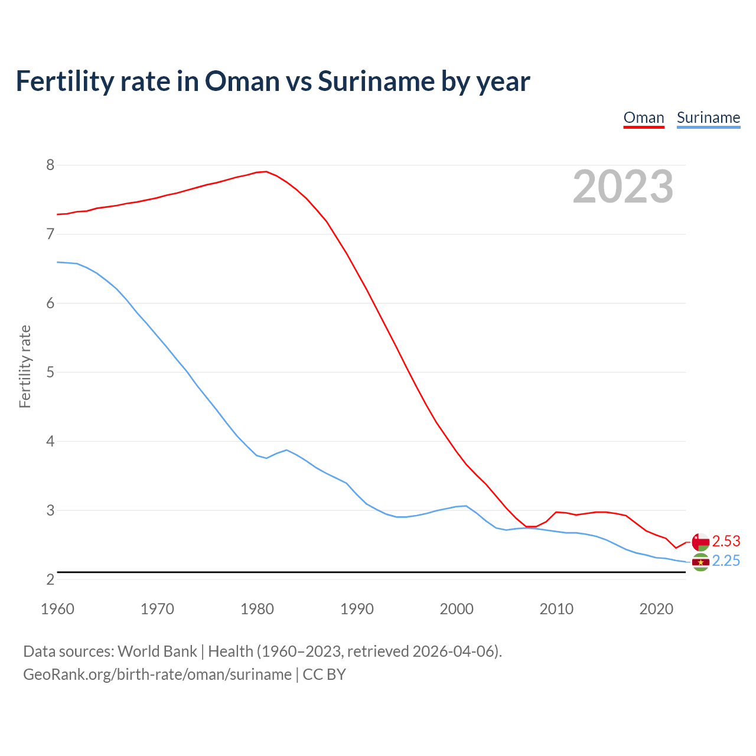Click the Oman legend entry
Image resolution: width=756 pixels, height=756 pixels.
click(644, 118)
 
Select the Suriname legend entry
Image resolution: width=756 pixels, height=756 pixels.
click(708, 118)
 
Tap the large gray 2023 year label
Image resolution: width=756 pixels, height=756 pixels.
click(623, 187)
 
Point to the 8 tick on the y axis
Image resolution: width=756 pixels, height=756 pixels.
click(50, 165)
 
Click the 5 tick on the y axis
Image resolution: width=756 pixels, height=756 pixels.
click(50, 372)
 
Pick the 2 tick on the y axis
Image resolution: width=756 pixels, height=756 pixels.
click(50, 579)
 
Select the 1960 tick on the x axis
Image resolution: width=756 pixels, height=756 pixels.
click(57, 609)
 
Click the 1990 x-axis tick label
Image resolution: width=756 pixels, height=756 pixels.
click(357, 609)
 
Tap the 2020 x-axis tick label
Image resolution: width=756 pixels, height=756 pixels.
click(656, 609)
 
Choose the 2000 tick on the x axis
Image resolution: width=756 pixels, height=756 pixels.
click(457, 609)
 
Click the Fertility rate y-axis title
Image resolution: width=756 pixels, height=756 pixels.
click(25, 366)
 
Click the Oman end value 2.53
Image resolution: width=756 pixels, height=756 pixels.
click(726, 541)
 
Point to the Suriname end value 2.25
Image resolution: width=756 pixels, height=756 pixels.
click(726, 561)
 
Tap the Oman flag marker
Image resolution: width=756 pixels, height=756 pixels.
click(700, 542)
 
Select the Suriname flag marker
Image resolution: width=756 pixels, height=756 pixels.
click(700, 562)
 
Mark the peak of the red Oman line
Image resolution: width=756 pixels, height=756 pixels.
click(266, 171)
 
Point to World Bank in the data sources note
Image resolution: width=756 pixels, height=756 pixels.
click(157, 651)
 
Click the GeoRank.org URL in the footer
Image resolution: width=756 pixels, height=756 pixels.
click(157, 674)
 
